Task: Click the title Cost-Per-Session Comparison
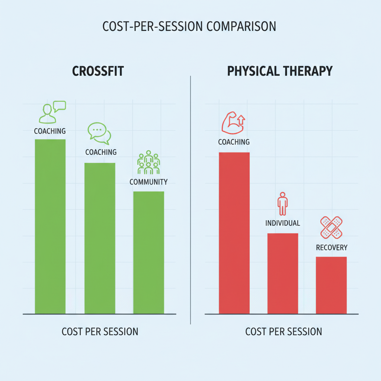pyautogui.click(x=189, y=27)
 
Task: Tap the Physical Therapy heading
pyautogui.click(x=279, y=71)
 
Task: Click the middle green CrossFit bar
pyautogui.click(x=100, y=238)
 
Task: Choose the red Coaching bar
pyautogui.click(x=234, y=233)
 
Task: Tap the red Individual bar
pyautogui.click(x=283, y=273)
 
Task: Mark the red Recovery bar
pyautogui.click(x=331, y=285)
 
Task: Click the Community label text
pyautogui.click(x=148, y=182)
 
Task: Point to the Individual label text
pyautogui.click(x=283, y=223)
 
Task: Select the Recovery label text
pyautogui.click(x=332, y=247)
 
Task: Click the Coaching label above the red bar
pyautogui.click(x=234, y=142)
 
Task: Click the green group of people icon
pyautogui.click(x=148, y=163)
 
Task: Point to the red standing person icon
pyautogui.click(x=282, y=204)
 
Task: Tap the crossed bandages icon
pyautogui.click(x=331, y=227)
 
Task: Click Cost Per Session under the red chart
pyautogui.click(x=284, y=332)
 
